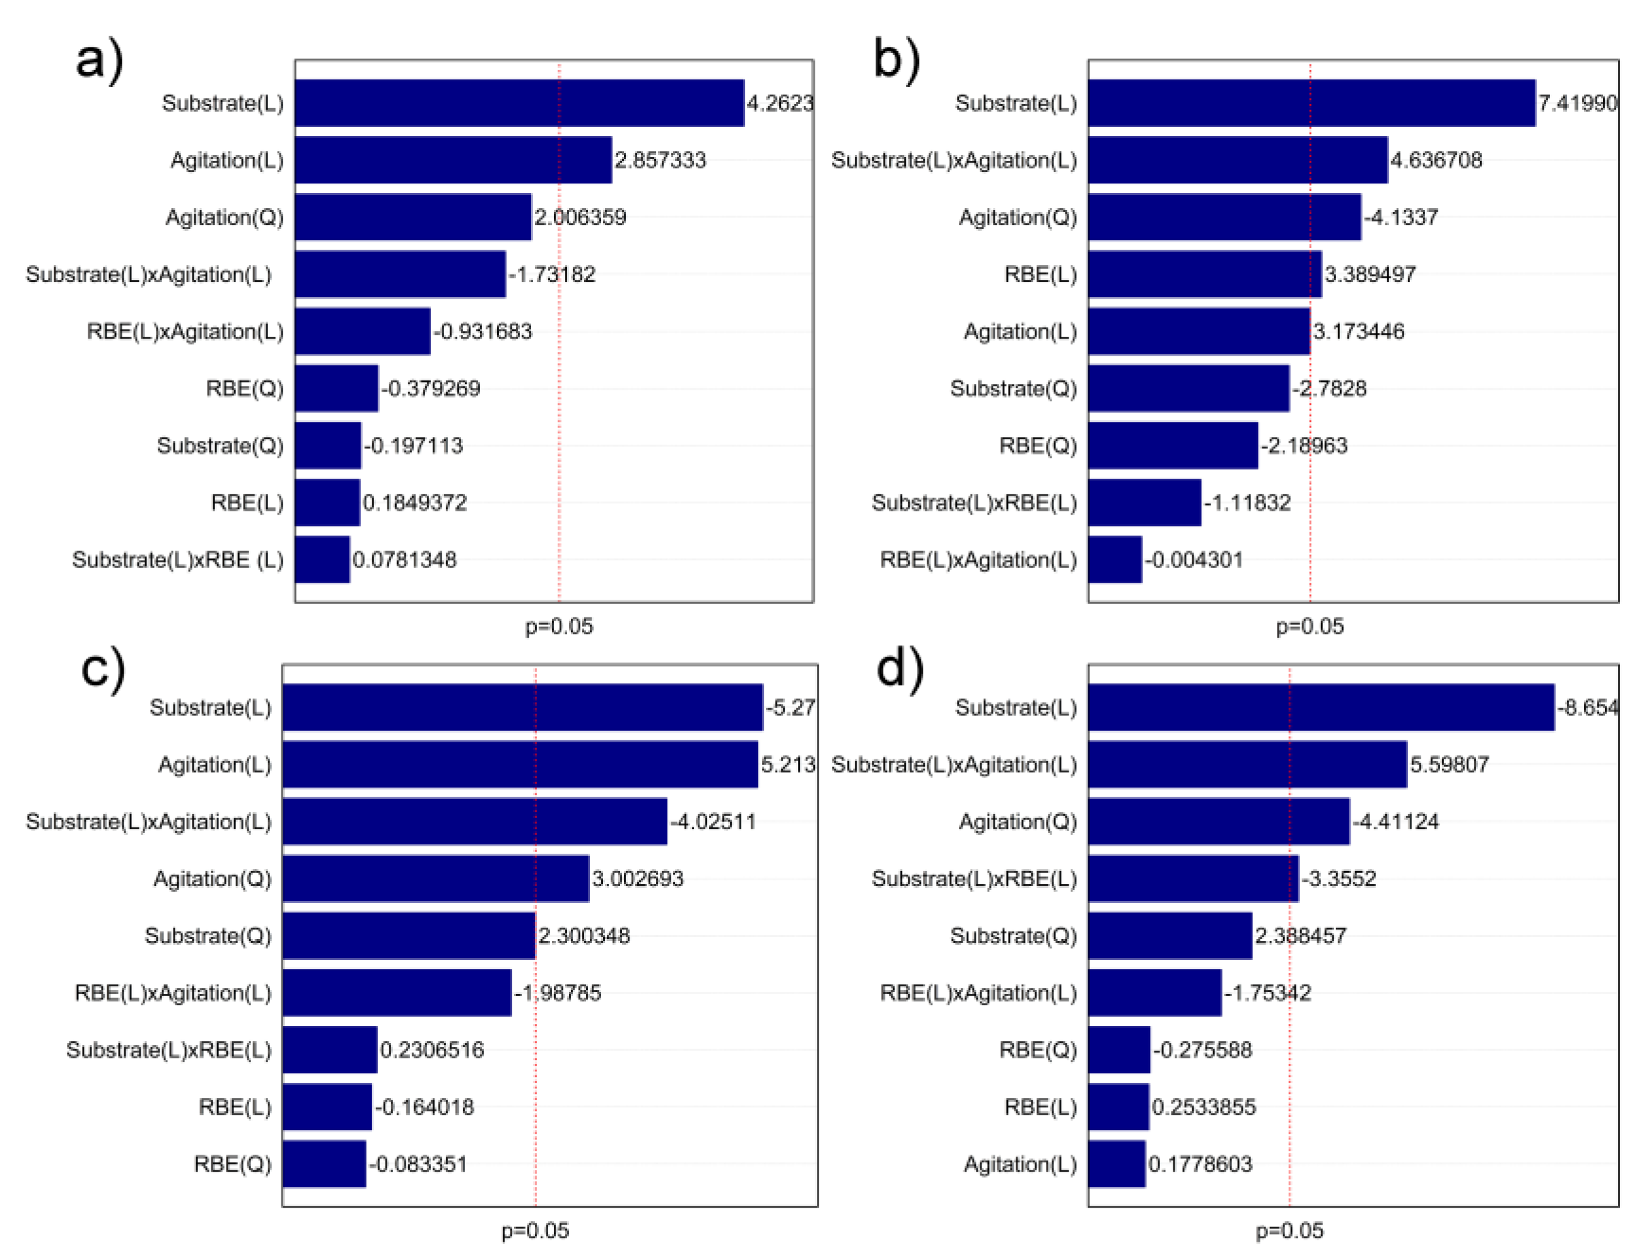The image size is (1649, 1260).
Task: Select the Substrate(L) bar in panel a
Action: click(519, 103)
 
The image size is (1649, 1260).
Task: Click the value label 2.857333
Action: click(660, 160)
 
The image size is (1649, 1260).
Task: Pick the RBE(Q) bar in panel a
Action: click(336, 388)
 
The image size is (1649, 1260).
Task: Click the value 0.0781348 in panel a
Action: click(404, 559)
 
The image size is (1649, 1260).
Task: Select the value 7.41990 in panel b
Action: click(1577, 103)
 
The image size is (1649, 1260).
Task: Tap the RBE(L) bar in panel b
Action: click(1204, 274)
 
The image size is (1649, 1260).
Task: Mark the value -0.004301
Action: click(1194, 559)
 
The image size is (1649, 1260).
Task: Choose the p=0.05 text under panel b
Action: click(1309, 626)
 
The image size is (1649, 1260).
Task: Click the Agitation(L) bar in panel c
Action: click(520, 764)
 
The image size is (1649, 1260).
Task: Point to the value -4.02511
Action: click(713, 821)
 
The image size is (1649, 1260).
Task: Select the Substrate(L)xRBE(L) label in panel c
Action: click(169, 1049)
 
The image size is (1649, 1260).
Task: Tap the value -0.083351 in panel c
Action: click(418, 1164)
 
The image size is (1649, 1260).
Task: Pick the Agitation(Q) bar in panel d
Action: click(1218, 821)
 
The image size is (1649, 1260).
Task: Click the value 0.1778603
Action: click(1200, 1164)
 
